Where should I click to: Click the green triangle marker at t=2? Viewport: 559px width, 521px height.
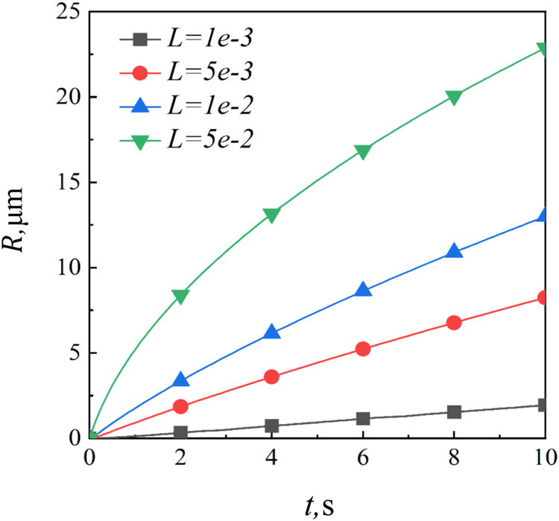(x=180, y=296)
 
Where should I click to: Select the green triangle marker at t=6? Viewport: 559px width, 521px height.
(x=363, y=151)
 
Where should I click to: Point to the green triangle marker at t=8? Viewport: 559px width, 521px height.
(x=455, y=97)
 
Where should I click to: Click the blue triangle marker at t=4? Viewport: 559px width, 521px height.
(x=272, y=332)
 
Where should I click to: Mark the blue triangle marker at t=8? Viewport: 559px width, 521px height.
(x=455, y=251)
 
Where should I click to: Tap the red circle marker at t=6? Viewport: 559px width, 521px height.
(x=363, y=348)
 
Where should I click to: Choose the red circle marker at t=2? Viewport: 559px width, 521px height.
(x=180, y=406)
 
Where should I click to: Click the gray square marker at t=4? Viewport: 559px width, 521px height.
(x=272, y=426)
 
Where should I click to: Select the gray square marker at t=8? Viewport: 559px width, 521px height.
(x=455, y=411)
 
